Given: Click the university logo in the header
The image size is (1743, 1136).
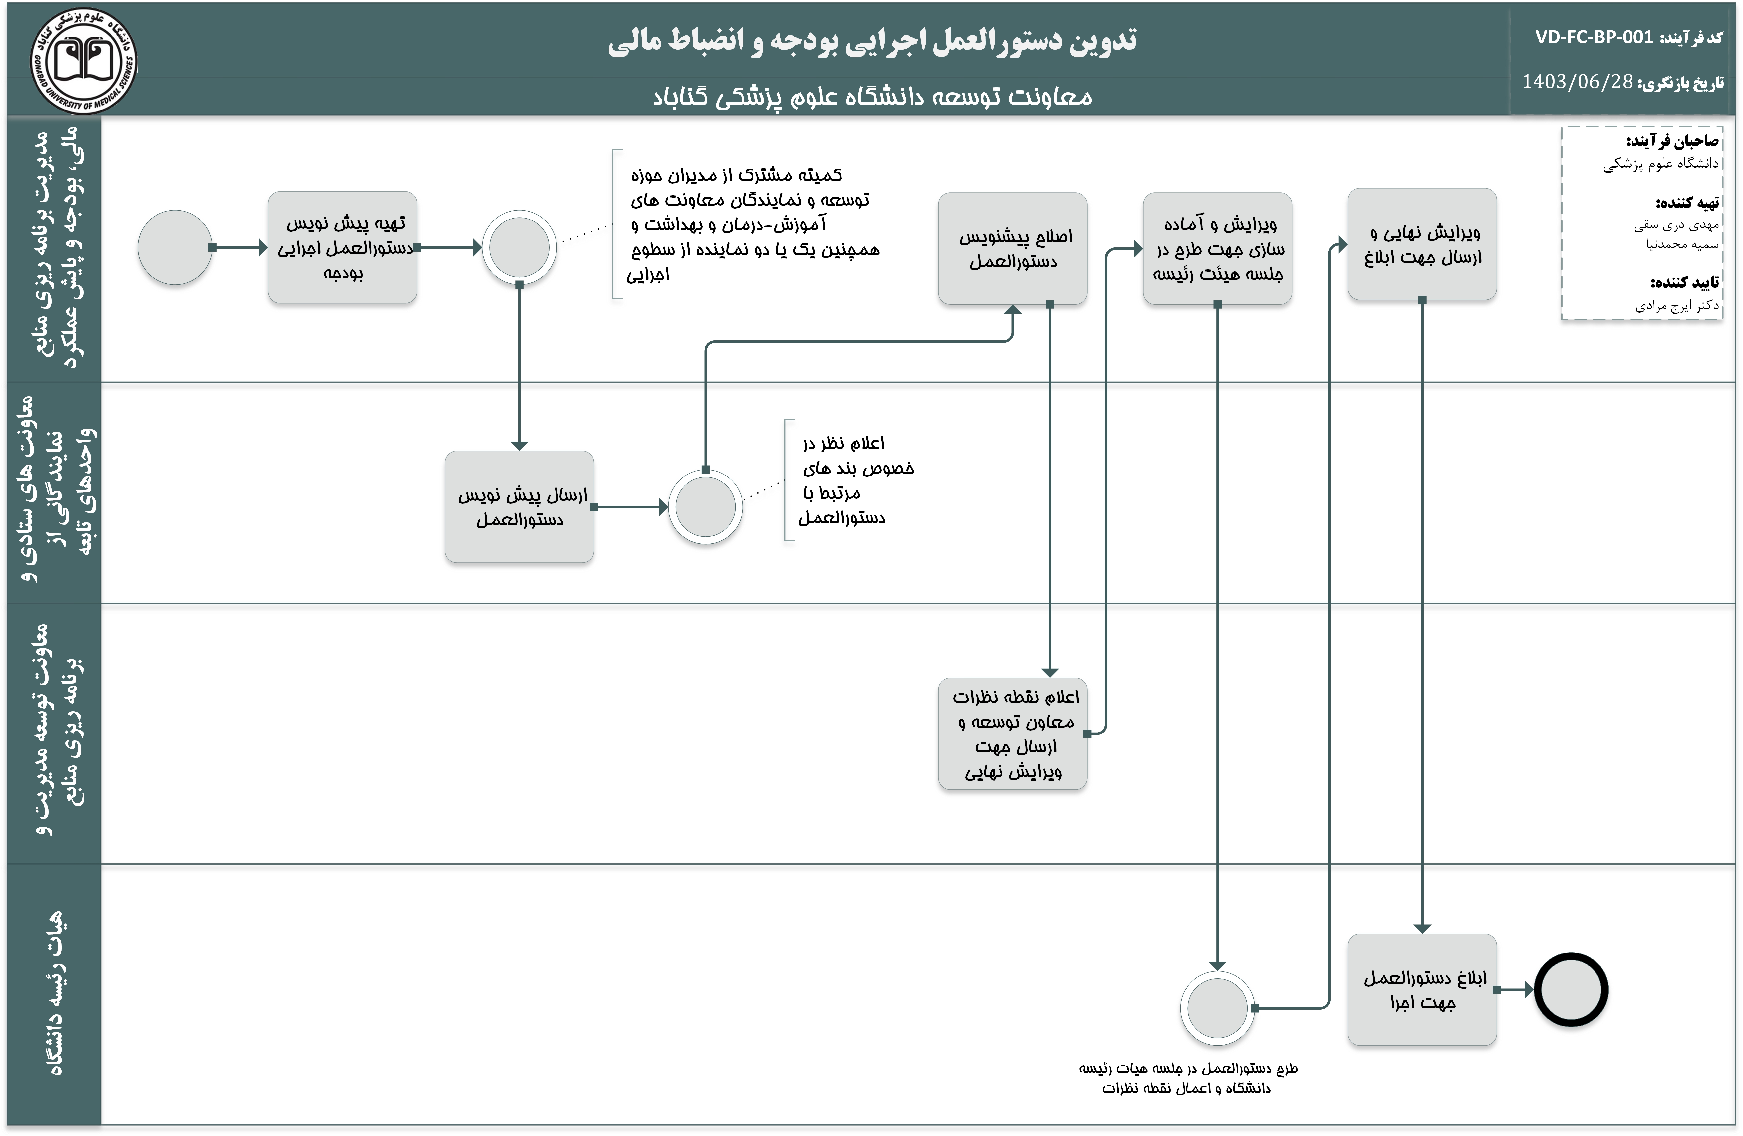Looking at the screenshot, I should (83, 62).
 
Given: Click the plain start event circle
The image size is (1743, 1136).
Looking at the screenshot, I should (175, 248).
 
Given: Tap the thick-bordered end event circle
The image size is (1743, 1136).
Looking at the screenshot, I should (1571, 989).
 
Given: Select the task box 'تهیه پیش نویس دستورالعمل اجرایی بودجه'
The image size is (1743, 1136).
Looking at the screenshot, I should (343, 248).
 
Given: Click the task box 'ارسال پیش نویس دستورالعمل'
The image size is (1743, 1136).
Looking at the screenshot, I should (519, 507).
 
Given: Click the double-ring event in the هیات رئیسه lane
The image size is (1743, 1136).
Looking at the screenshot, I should (1217, 1008).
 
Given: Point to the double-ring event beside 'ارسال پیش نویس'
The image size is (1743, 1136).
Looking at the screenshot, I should (705, 507).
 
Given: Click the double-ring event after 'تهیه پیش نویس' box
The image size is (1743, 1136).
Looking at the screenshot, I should (519, 248).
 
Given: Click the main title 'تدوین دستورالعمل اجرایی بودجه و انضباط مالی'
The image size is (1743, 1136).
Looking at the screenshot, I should (872, 41).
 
